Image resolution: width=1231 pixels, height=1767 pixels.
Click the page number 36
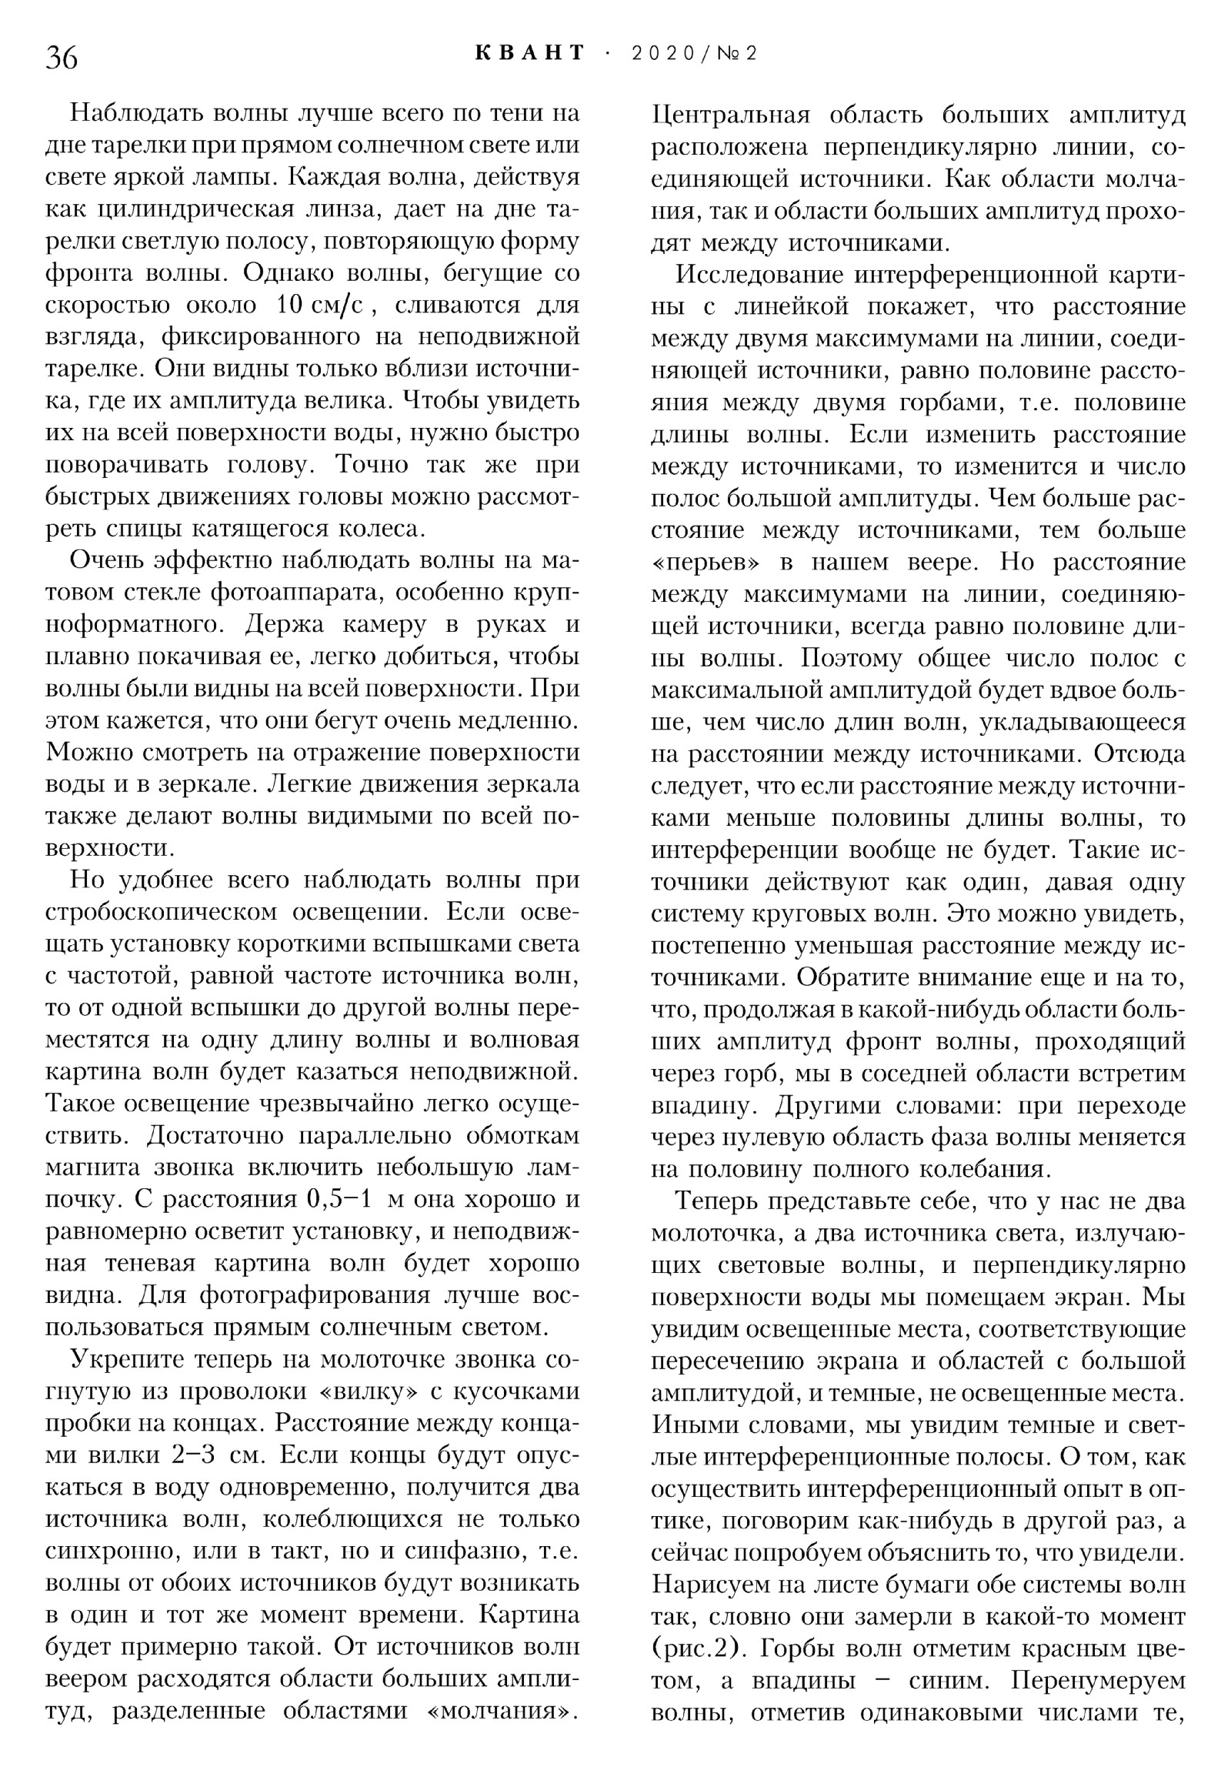(62, 58)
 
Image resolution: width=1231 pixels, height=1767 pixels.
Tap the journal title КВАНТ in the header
(530, 53)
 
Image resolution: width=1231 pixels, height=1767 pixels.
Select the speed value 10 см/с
(324, 306)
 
